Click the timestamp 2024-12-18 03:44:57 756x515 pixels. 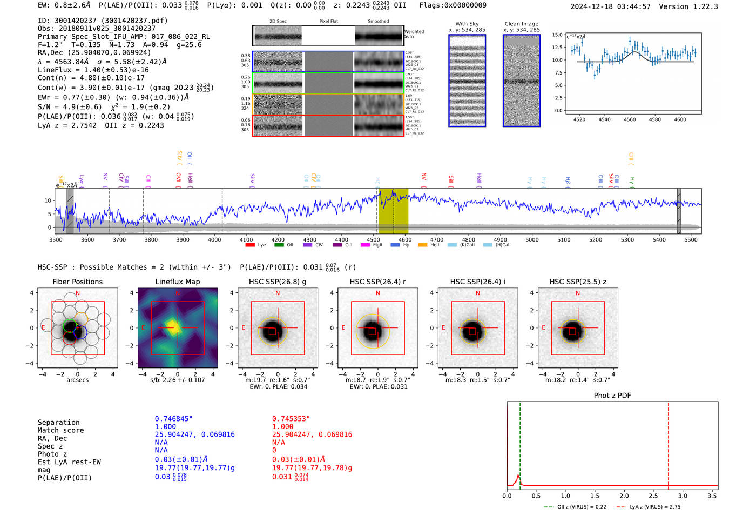(x=610, y=6)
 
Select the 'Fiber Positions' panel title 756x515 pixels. (x=77, y=282)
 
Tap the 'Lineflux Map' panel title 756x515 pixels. (x=177, y=282)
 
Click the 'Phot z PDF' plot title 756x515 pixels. (x=612, y=395)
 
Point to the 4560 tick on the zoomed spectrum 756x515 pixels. (x=630, y=119)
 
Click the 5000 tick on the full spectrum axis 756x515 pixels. (x=532, y=239)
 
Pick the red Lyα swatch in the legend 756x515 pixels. (x=250, y=245)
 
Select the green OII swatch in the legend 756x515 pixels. (x=279, y=245)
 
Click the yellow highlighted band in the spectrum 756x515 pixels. (x=393, y=211)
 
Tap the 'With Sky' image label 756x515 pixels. (x=467, y=24)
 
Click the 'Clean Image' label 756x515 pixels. (x=521, y=24)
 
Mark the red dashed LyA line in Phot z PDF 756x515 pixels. (x=668, y=443)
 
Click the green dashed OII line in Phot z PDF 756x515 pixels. (x=520, y=443)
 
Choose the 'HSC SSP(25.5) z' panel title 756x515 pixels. (x=578, y=282)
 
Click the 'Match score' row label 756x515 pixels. (x=60, y=430)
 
